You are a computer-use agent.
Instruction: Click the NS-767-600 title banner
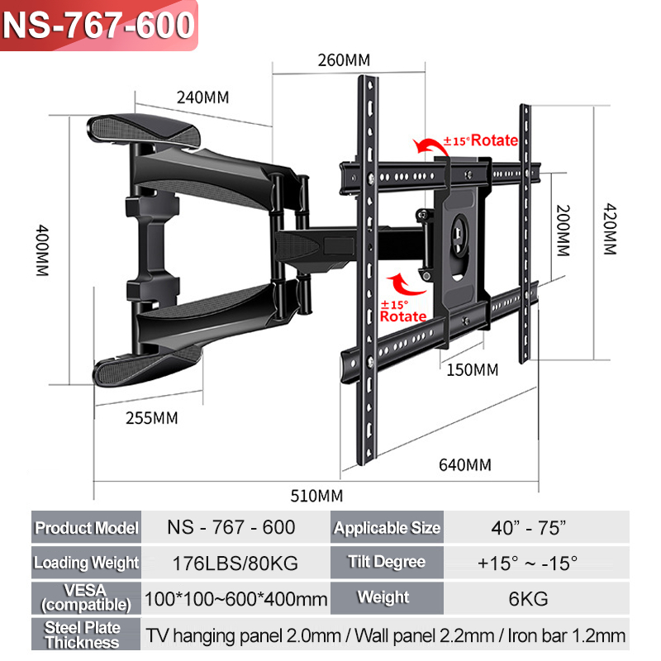pyautogui.click(x=99, y=25)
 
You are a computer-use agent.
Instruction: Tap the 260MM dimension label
pyautogui.click(x=344, y=59)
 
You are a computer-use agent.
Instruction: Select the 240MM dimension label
pyautogui.click(x=202, y=97)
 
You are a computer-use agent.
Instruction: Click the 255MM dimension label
pyautogui.click(x=152, y=417)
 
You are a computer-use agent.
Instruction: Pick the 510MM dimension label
pyautogui.click(x=317, y=496)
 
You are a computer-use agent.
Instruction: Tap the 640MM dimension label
pyautogui.click(x=464, y=464)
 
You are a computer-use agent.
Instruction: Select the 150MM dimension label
pyautogui.click(x=473, y=369)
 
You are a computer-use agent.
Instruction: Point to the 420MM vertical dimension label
pyautogui.click(x=610, y=229)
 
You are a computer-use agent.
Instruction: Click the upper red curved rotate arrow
pyautogui.click(x=430, y=146)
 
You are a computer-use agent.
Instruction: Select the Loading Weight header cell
pyautogui.click(x=87, y=563)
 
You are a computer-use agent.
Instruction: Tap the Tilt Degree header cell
pyautogui.click(x=387, y=563)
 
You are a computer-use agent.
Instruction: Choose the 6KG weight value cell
pyautogui.click(x=528, y=598)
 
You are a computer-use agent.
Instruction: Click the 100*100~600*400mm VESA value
pyautogui.click(x=235, y=598)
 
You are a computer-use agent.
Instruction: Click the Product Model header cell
pyautogui.click(x=87, y=527)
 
